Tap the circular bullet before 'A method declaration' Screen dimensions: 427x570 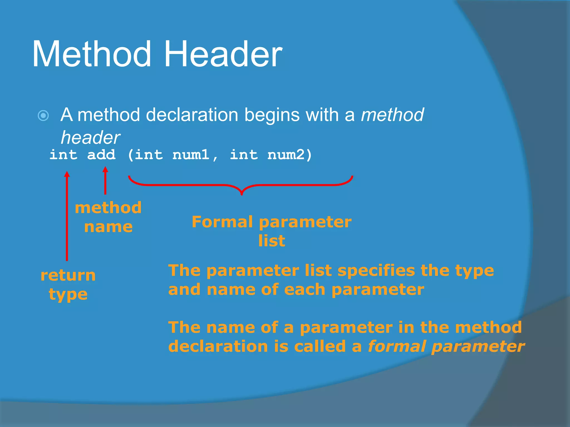tap(43, 115)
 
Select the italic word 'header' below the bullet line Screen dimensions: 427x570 tap(90, 138)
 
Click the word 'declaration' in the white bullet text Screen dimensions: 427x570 tap(192, 115)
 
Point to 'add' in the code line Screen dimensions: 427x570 tap(101, 155)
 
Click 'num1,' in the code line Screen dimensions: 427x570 tap(195, 155)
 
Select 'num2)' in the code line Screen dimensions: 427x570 tap(289, 155)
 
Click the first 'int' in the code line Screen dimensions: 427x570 tap(63, 155)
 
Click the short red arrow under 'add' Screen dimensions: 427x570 tap(105, 181)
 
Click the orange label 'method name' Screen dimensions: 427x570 tap(108, 217)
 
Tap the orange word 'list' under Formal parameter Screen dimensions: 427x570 tap(272, 241)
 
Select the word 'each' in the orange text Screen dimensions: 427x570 tap(304, 290)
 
